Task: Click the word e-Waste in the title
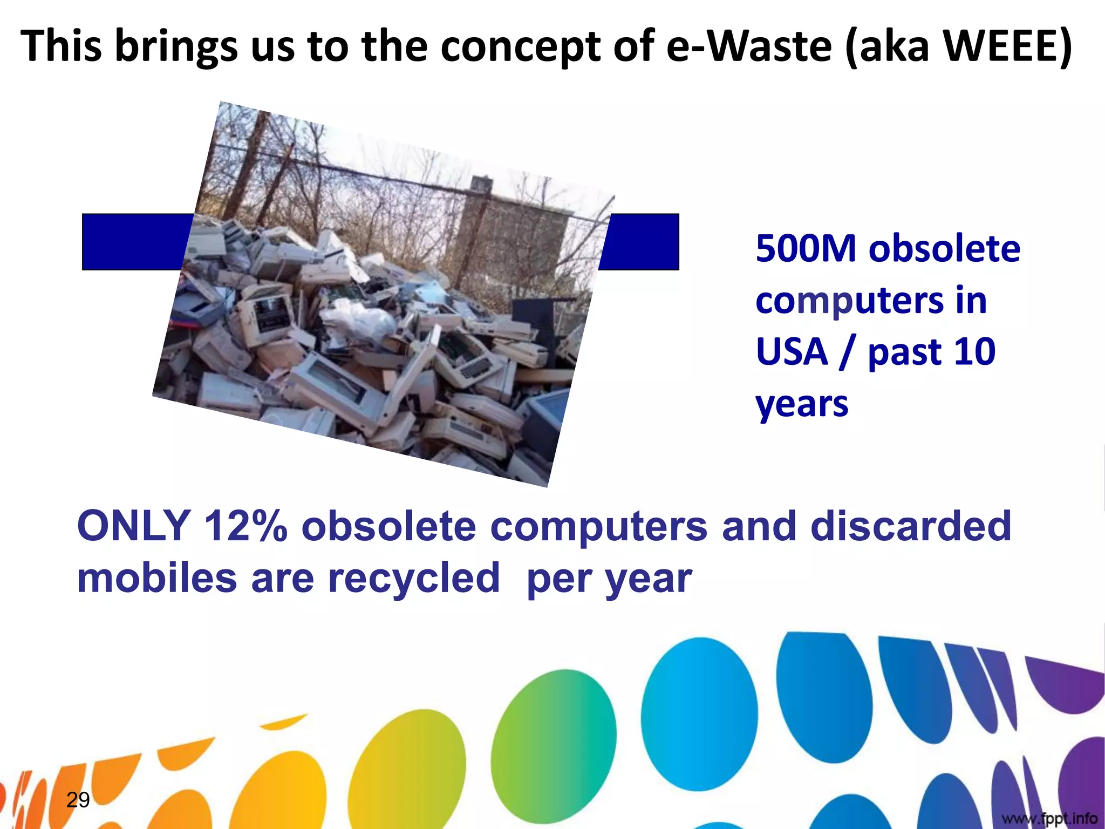(x=749, y=46)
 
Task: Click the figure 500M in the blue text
(x=806, y=249)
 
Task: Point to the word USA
(x=792, y=351)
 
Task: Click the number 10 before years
(x=974, y=351)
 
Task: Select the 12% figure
(x=245, y=526)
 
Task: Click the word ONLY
(x=133, y=526)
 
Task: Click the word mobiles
(x=157, y=577)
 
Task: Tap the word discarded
(x=911, y=526)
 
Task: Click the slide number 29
(x=78, y=800)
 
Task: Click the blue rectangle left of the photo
(x=135, y=242)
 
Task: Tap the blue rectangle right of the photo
(x=642, y=242)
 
